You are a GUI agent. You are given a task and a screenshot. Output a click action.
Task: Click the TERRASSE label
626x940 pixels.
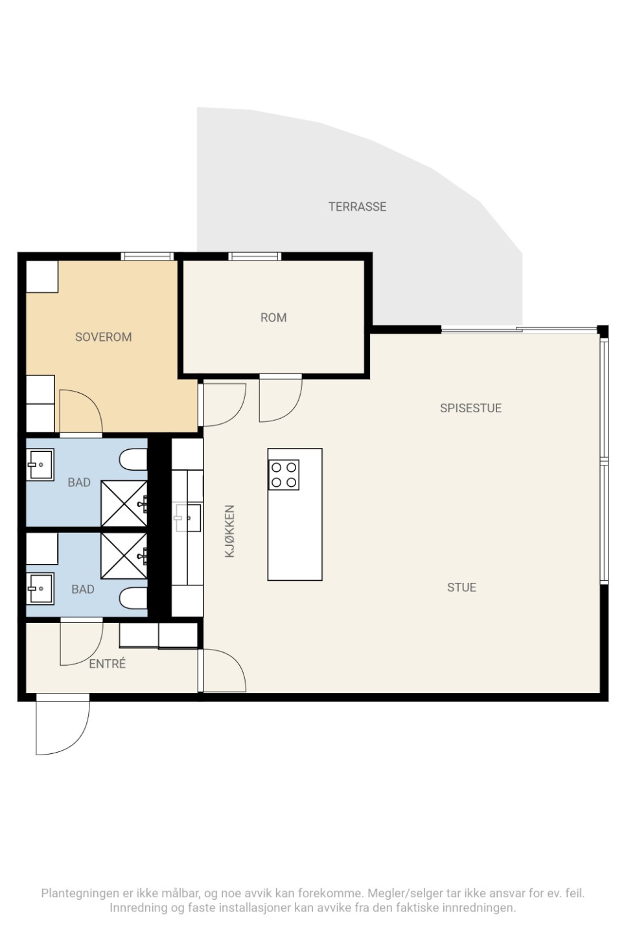coord(357,206)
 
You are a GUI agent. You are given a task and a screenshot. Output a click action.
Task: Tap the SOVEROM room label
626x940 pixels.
coord(103,337)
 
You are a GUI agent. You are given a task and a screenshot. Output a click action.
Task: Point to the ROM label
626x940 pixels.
coord(273,318)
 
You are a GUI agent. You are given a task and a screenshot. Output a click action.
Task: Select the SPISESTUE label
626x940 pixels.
coord(470,408)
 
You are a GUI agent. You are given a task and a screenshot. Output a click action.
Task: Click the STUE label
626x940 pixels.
coord(461,587)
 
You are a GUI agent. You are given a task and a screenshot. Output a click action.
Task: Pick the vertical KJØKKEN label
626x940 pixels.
coord(229,532)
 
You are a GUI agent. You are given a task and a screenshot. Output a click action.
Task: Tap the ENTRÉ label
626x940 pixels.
coord(108,663)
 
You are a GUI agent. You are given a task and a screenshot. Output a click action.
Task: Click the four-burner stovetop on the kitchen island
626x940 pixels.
coord(284,475)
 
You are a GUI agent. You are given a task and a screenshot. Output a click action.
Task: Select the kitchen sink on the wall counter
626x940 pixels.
coord(189,518)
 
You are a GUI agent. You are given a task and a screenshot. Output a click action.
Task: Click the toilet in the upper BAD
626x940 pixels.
coord(133,460)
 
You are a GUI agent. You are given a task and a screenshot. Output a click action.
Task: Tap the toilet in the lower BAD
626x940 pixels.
coord(133,598)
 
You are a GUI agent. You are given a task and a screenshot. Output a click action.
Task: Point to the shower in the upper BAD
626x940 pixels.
coord(124,504)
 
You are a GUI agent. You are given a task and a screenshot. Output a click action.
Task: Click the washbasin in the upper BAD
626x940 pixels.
coord(40,465)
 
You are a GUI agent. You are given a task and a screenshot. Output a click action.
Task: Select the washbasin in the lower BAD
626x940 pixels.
coord(40,589)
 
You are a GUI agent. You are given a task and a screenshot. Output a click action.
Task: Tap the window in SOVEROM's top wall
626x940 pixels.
coord(147,256)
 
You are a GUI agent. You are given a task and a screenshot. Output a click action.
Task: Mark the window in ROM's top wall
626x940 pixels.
coord(255,256)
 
